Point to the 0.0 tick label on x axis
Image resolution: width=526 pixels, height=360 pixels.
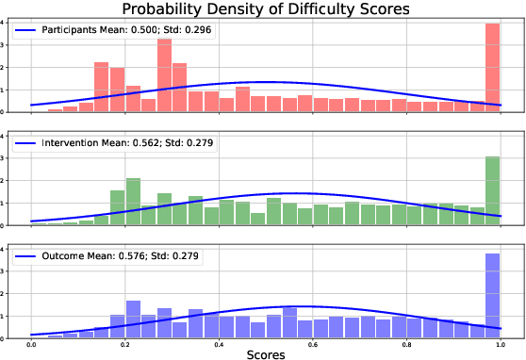(x=32, y=345)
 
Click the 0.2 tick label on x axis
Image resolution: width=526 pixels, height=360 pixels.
(x=125, y=345)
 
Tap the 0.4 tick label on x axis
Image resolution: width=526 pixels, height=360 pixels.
(x=219, y=345)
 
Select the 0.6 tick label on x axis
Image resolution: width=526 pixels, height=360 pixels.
(x=312, y=345)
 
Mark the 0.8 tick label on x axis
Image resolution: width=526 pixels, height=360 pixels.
(x=405, y=345)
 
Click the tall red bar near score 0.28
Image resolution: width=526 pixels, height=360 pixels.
(x=164, y=76)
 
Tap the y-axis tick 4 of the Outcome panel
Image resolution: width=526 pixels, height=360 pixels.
(x=6, y=249)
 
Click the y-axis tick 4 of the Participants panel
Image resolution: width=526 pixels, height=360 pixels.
(x=6, y=23)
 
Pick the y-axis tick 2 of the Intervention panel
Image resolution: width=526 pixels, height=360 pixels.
(x=6, y=181)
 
